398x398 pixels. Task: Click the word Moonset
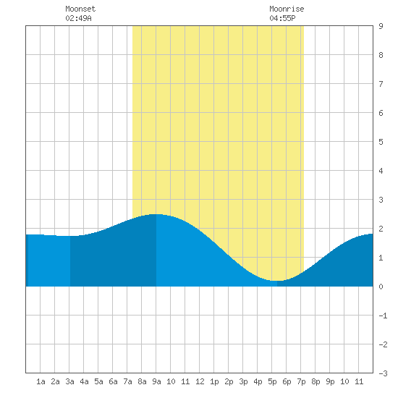pyautogui.click(x=80, y=9)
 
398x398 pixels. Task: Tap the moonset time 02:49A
pyautogui.click(x=78, y=18)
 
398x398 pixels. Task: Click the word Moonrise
pyautogui.click(x=287, y=9)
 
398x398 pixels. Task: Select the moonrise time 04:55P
pyautogui.click(x=282, y=18)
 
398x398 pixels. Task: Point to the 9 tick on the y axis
pyautogui.click(x=381, y=26)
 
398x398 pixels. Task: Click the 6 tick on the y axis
pyautogui.click(x=381, y=113)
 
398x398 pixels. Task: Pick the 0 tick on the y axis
pyautogui.click(x=381, y=287)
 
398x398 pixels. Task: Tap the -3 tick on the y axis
pyautogui.click(x=383, y=373)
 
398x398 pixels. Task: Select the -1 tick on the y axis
pyautogui.click(x=383, y=316)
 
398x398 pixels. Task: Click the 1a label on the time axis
pyautogui.click(x=41, y=381)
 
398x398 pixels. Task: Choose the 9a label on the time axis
pyautogui.click(x=156, y=381)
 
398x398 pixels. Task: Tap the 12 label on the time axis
pyautogui.click(x=200, y=381)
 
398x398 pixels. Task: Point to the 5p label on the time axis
pyautogui.click(x=272, y=381)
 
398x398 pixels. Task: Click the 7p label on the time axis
pyautogui.click(x=301, y=381)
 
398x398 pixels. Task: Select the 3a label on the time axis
pyautogui.click(x=69, y=381)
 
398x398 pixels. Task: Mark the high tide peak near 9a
pyautogui.click(x=156, y=214)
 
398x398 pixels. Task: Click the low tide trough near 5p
pyautogui.click(x=276, y=281)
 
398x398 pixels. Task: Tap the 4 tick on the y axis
pyautogui.click(x=381, y=171)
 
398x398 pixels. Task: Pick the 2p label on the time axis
pyautogui.click(x=229, y=381)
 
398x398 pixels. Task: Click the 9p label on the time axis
pyautogui.click(x=330, y=381)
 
